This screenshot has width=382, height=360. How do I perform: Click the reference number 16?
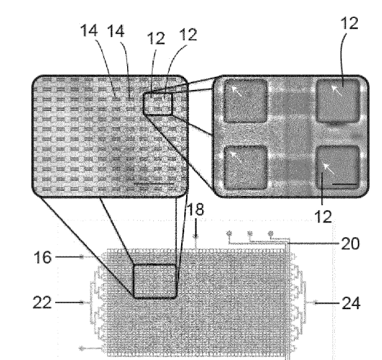coord(43,257)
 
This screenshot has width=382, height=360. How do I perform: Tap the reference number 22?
coord(42,302)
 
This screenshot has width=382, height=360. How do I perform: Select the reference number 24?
coord(351,304)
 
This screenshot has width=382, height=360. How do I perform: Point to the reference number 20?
coord(350,244)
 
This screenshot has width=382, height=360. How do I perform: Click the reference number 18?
coord(195,209)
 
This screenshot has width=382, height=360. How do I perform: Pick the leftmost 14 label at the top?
coord(89,30)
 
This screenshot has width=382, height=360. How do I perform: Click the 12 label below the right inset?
coord(323,217)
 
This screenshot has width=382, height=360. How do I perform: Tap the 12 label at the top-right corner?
coord(349,24)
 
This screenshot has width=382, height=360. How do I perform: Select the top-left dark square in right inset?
coord(245,101)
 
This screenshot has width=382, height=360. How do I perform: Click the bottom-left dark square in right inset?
coord(246,168)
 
